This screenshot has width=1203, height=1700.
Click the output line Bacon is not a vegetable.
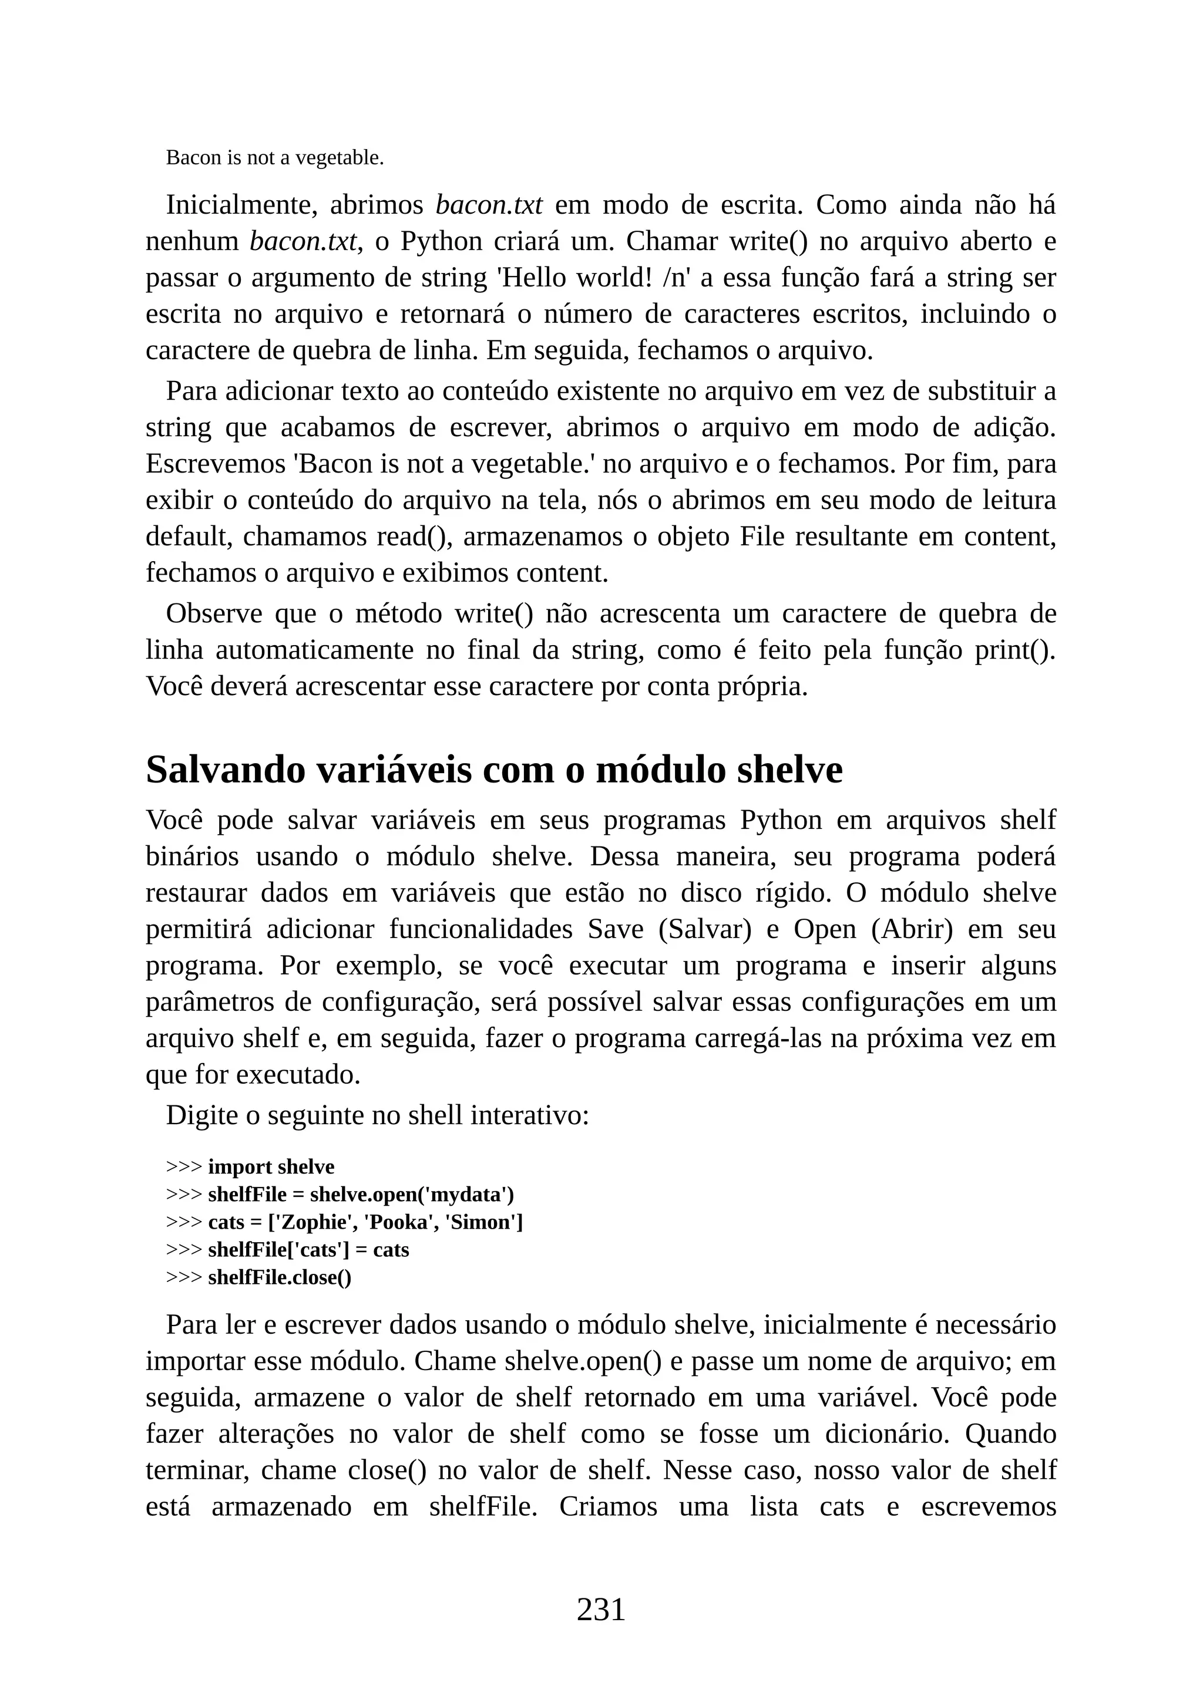275,158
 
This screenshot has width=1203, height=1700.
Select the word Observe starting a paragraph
214,614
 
